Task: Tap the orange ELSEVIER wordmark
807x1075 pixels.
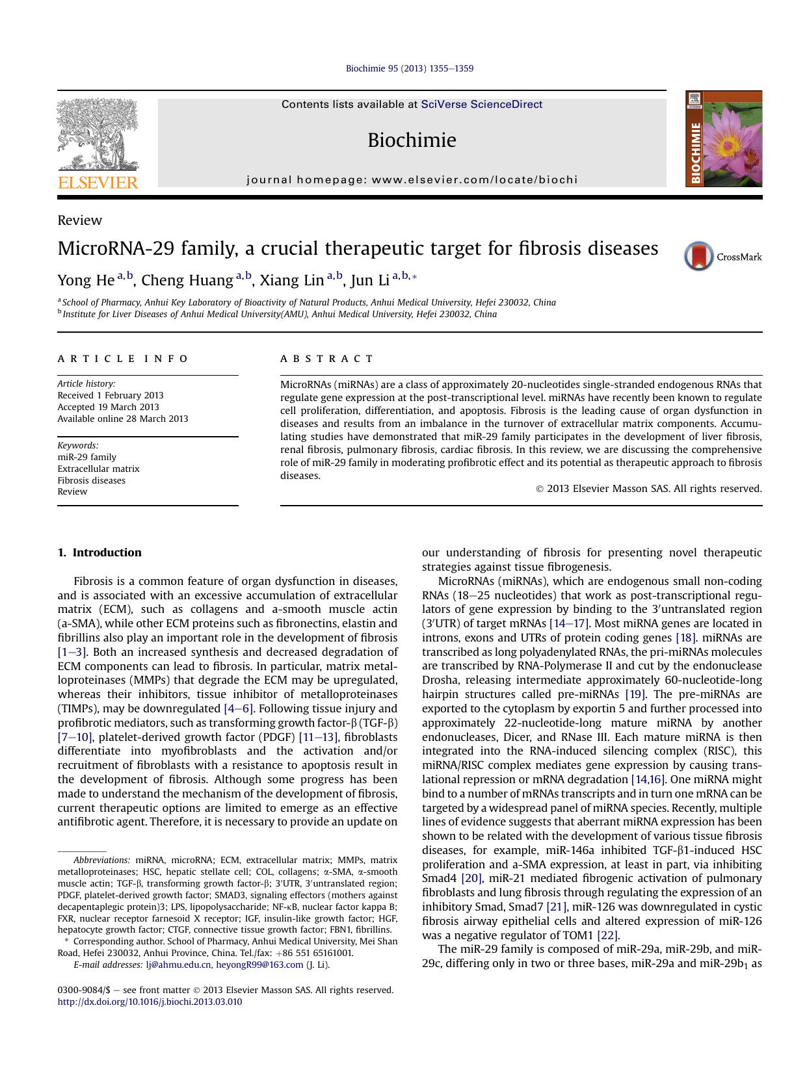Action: (x=98, y=183)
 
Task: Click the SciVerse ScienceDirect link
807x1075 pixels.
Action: (x=481, y=105)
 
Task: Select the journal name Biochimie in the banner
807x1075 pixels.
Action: (x=412, y=140)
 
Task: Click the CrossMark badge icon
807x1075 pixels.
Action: (x=699, y=257)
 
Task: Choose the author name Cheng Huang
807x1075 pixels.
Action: (x=187, y=281)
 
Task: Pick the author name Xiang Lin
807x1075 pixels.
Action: (x=292, y=281)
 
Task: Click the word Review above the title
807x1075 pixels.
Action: (x=79, y=220)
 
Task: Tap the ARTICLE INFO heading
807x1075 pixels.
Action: (x=123, y=359)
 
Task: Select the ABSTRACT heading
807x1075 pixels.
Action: (x=327, y=359)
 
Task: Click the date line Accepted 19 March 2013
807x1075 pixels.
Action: (x=108, y=407)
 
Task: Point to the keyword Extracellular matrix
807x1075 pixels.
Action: (x=98, y=469)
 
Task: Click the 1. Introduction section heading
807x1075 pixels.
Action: (x=99, y=552)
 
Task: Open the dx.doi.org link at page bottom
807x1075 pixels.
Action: (x=150, y=1002)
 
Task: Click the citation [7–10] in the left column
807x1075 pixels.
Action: (x=75, y=737)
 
